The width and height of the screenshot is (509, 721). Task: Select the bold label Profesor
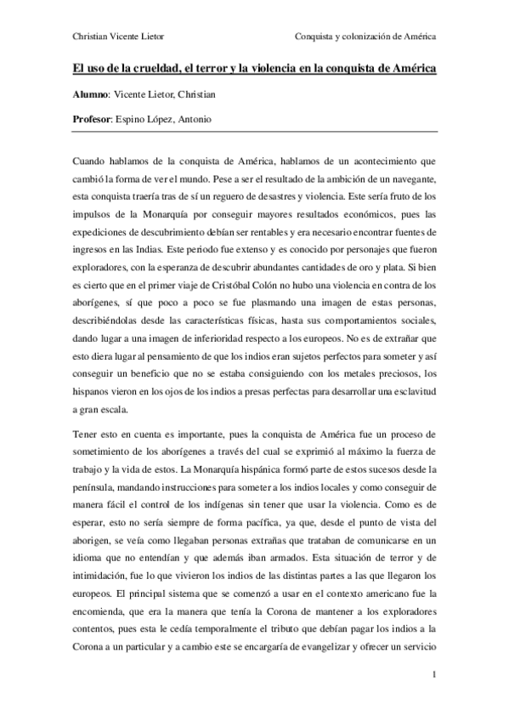tap(91, 119)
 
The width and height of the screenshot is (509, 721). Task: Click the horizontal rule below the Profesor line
tap(255, 132)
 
